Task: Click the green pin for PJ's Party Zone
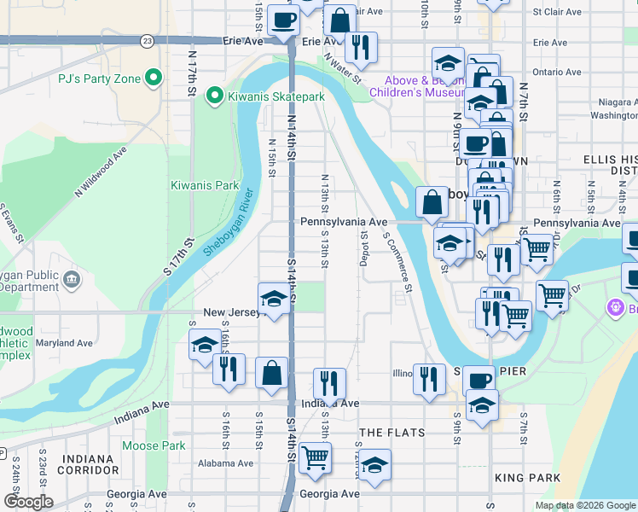coord(154,79)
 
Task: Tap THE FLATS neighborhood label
coord(391,433)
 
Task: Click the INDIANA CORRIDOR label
coord(89,464)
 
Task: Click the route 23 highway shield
coord(148,41)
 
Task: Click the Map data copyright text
coord(585,505)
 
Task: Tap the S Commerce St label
coord(398,264)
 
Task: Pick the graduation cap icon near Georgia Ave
coord(374,466)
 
